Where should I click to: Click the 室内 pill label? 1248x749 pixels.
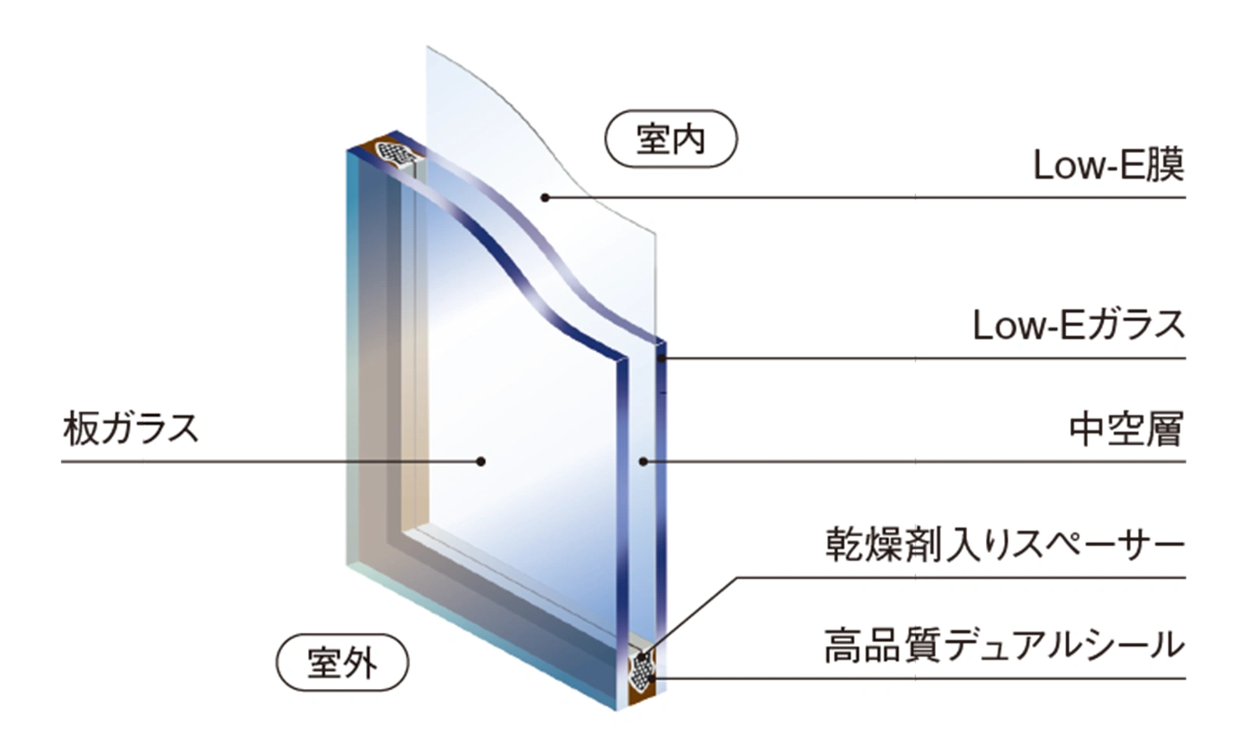[x=671, y=140]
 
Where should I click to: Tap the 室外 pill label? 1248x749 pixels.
[x=342, y=663]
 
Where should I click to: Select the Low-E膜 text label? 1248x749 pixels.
[x=1108, y=165]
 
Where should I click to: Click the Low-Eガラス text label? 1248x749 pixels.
[x=1079, y=325]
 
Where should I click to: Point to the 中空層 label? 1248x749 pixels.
[x=1126, y=429]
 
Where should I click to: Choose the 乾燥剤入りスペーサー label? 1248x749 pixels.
[x=1005, y=544]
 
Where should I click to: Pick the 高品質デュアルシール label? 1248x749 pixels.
[x=1004, y=646]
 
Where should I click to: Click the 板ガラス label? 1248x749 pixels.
[x=131, y=429]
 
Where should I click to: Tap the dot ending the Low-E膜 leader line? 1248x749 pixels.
[x=545, y=197]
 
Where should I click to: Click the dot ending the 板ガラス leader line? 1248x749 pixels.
[x=481, y=462]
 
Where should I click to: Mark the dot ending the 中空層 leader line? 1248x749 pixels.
[x=643, y=462]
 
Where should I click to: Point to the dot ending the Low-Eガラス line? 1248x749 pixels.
[x=661, y=359]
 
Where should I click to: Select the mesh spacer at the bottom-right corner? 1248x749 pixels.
[x=641, y=669]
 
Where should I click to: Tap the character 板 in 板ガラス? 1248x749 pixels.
[x=80, y=429]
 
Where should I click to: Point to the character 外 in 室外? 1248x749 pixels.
[x=360, y=663]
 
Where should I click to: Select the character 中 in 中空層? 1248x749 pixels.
[x=1087, y=429]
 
